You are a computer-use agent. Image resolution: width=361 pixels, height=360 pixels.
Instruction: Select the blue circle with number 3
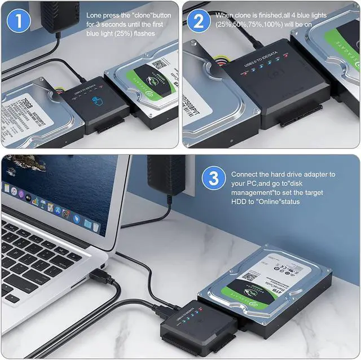pos(214,179)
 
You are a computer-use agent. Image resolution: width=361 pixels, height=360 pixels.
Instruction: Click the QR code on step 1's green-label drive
pos(160,64)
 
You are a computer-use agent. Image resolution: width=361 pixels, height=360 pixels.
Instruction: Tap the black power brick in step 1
pos(59,14)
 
